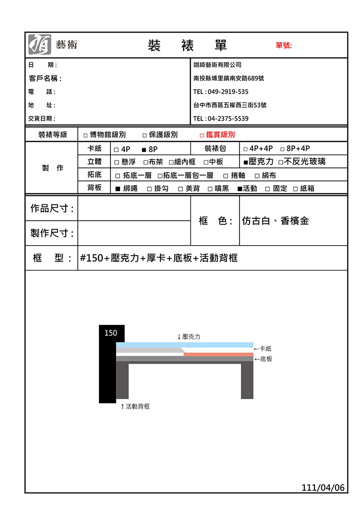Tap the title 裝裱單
point(187,46)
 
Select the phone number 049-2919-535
point(228,92)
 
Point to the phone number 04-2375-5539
point(228,118)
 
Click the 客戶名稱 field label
point(45,78)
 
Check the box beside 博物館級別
point(85,135)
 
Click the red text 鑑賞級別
point(220,135)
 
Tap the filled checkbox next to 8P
point(144,149)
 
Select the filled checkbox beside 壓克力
point(246,162)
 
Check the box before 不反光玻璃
point(280,162)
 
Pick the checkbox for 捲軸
point(225,176)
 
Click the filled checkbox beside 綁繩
point(118,189)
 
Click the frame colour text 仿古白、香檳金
point(276,221)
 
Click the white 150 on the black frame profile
point(110,333)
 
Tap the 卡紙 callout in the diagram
point(265,349)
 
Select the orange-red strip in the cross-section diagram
point(218,355)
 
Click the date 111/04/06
point(323,488)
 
